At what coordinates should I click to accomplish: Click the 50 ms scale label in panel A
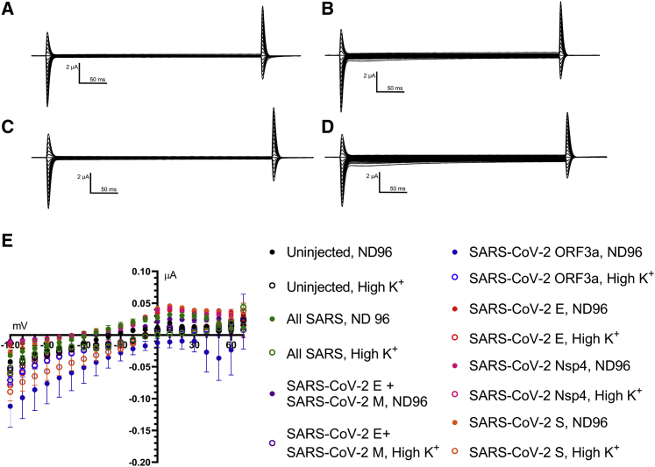[x=94, y=78]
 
